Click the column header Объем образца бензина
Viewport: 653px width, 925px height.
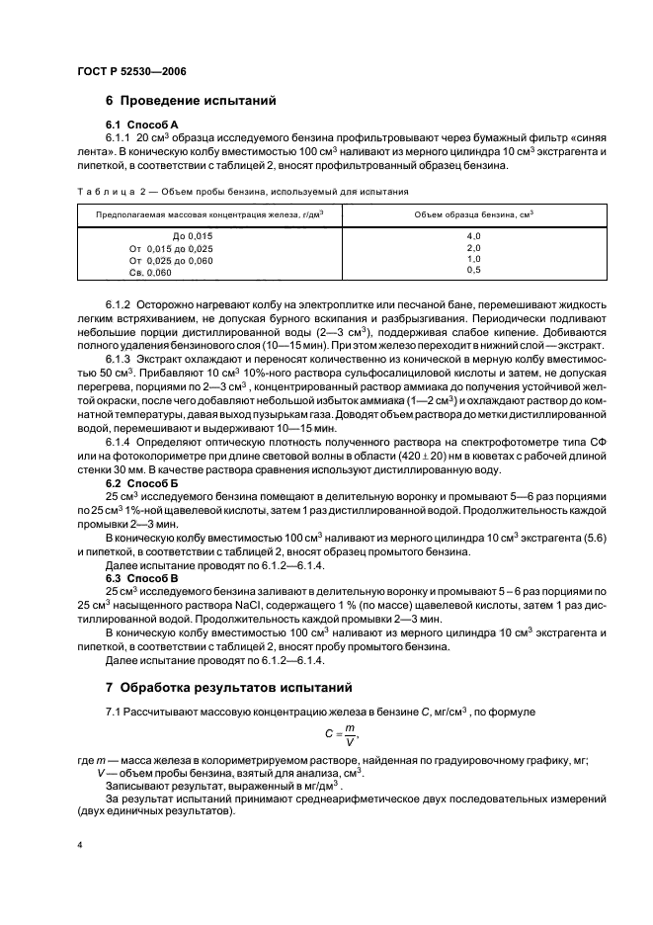[471, 213]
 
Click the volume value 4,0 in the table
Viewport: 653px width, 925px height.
[472, 237]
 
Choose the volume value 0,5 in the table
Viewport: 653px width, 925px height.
[472, 270]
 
